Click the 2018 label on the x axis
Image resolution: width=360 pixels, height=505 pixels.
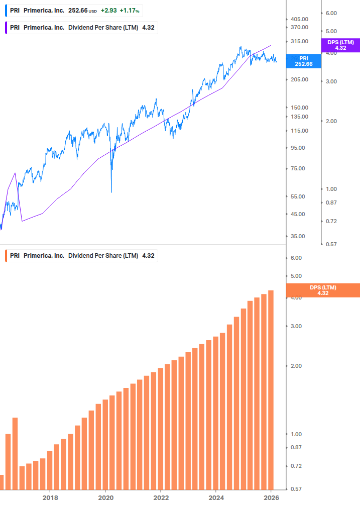tap(50, 497)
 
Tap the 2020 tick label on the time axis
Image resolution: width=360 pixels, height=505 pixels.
tap(105, 497)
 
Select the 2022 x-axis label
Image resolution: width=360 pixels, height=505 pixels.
tap(161, 497)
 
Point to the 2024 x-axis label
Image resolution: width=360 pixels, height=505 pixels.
tap(215, 497)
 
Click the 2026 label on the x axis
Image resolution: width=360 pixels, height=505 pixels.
tap(271, 497)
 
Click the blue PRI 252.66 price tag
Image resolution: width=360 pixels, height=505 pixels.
tap(303, 61)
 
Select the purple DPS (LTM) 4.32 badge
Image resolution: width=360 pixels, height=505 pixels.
tap(340, 45)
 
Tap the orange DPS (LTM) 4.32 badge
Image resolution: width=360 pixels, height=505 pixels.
tap(322, 290)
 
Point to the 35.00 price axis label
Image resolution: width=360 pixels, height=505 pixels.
tap(299, 236)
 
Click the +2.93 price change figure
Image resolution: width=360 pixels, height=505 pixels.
tap(109, 10)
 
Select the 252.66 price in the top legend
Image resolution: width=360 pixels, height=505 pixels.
tap(78, 10)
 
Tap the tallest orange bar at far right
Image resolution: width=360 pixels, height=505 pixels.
tap(271, 389)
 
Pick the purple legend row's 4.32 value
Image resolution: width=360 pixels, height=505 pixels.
tap(148, 28)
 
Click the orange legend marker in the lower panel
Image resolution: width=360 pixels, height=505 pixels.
tap(6, 255)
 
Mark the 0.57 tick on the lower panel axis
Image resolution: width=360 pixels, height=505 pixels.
tap(296, 489)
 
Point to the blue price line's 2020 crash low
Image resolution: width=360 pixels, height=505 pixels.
tap(111, 191)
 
